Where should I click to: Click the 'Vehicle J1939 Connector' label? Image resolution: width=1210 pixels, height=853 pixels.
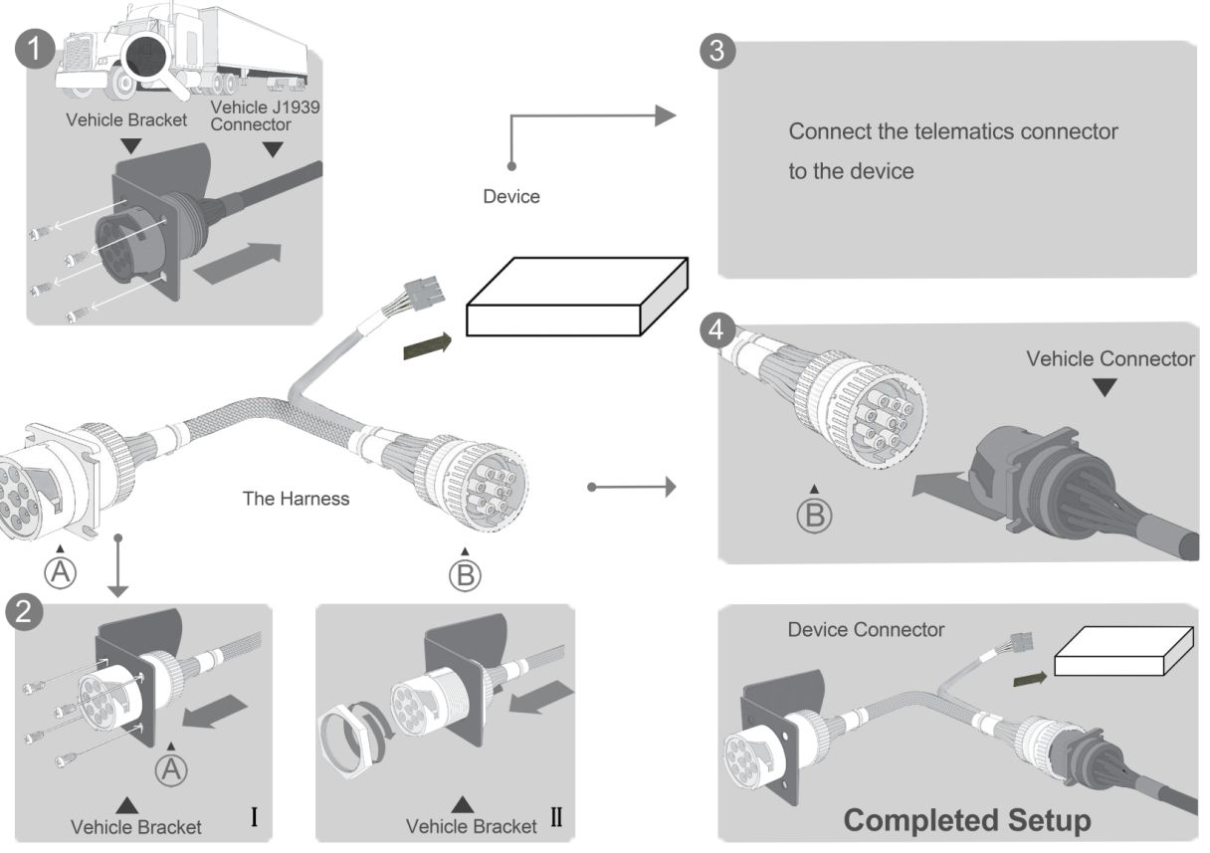[265, 115]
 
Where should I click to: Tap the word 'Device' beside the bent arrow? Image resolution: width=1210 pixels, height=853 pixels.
[511, 196]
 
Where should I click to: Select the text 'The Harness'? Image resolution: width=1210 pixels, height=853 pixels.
[297, 499]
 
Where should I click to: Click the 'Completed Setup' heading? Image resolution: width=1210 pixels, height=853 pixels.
[966, 820]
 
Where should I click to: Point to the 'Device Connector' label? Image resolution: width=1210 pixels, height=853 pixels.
[866, 630]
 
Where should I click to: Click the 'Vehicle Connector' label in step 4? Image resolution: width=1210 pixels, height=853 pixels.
[1110, 358]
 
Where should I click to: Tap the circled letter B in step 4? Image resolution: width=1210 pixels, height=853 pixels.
[814, 514]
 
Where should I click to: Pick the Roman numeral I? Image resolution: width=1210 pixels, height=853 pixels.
[255, 819]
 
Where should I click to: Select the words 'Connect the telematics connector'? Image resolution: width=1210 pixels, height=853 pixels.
[952, 131]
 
